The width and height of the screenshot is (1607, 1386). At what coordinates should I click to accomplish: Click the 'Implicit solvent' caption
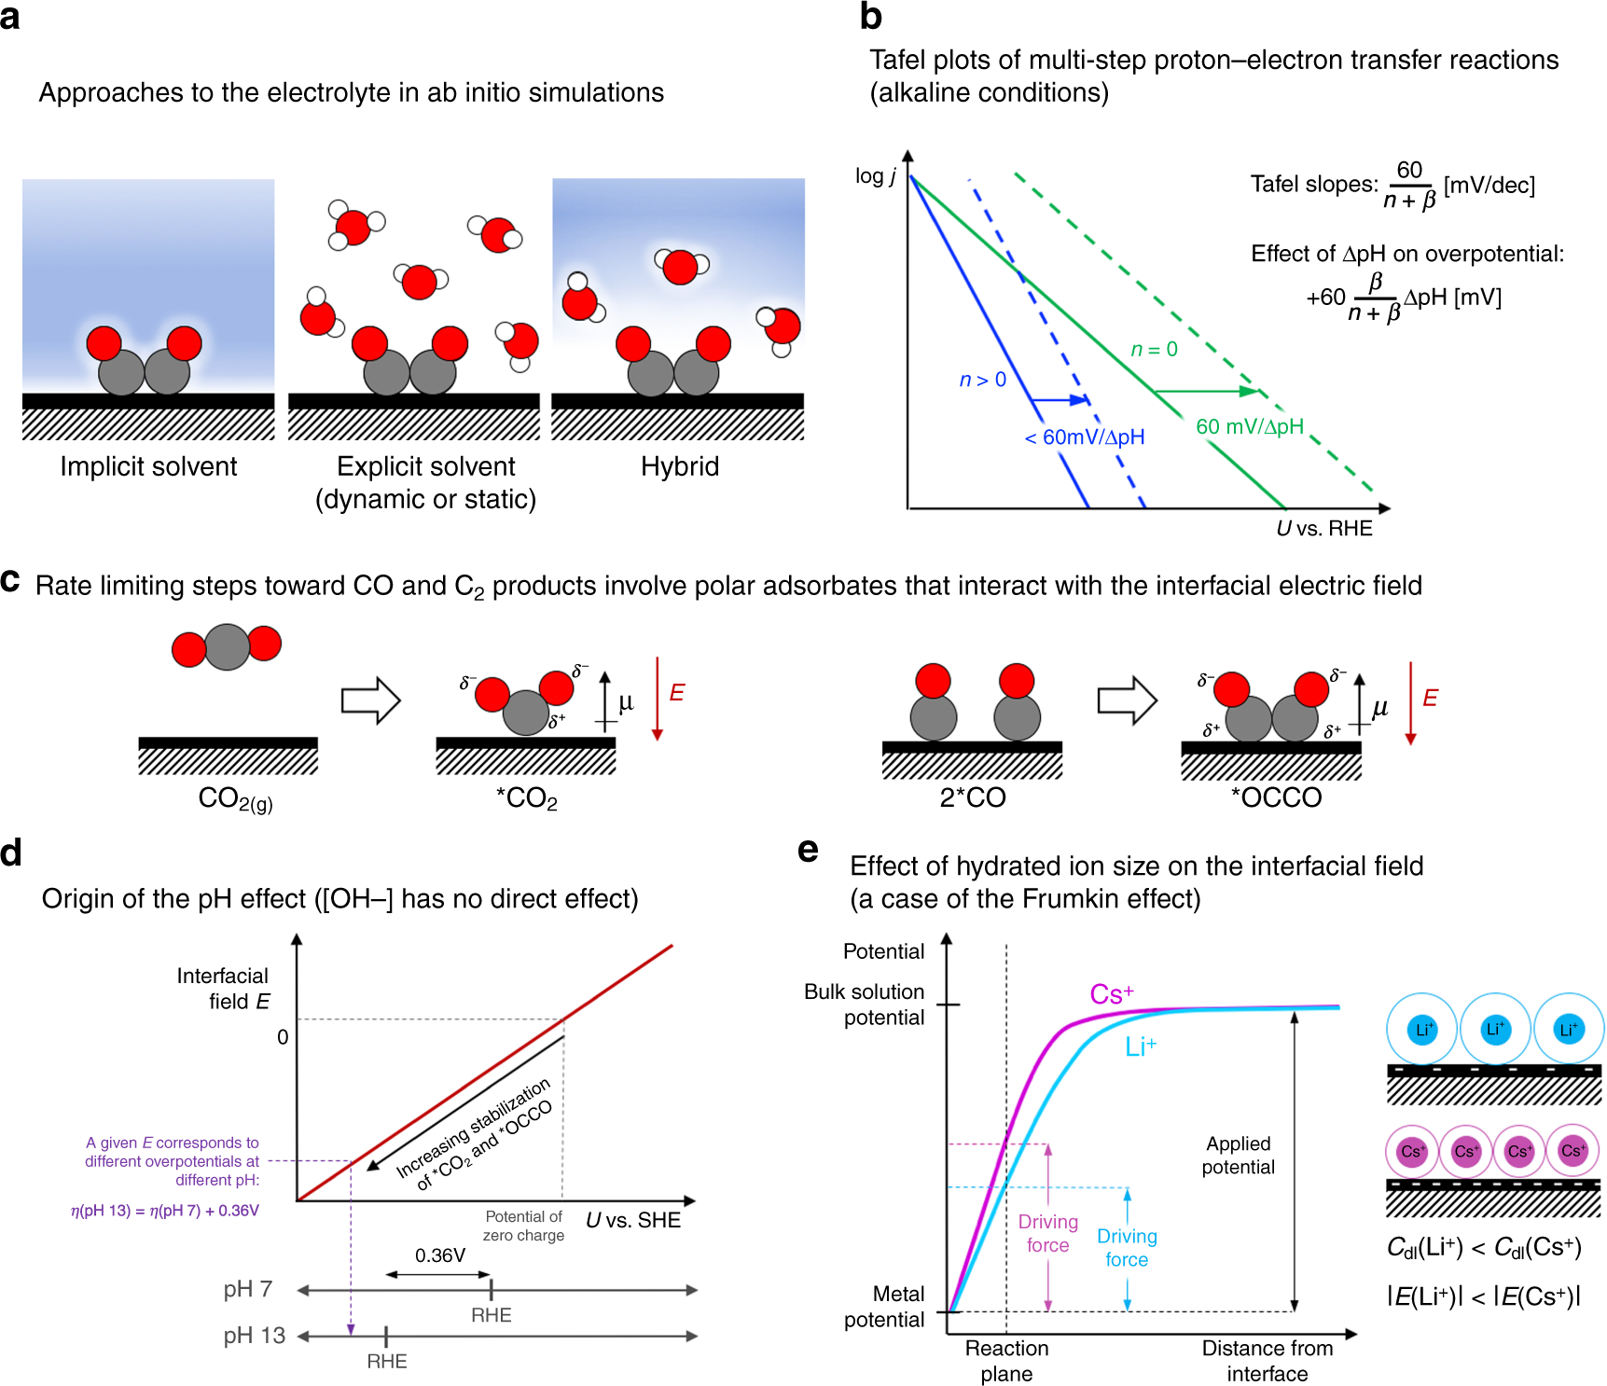pos(148,466)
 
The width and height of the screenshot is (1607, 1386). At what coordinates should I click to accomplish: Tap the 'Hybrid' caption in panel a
pos(679,466)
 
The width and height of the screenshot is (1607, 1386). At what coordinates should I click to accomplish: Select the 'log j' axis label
pos(875,176)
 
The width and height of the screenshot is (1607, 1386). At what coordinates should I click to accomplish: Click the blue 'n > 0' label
pos(982,380)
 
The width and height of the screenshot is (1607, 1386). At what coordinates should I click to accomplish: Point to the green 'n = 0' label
pos(1154,350)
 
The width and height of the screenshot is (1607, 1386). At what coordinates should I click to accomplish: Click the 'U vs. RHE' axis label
pos(1323,529)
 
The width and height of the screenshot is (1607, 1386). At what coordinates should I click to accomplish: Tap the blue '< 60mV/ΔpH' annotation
pos(1084,437)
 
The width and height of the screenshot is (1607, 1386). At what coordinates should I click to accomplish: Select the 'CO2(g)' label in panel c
pos(235,799)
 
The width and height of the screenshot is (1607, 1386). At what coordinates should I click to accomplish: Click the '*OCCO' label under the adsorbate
pos(1276,797)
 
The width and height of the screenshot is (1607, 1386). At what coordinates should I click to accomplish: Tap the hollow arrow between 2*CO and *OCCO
pos(1127,700)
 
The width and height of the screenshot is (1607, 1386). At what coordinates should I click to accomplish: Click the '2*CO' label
pos(972,797)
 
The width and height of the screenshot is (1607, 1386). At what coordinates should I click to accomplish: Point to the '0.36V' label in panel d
pos(439,1255)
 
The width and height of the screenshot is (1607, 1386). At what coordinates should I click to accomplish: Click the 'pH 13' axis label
pos(254,1336)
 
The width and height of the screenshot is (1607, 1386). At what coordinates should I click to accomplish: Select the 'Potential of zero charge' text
pos(523,1226)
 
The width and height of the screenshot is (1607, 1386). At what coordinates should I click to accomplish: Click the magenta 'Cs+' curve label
pos(1111,994)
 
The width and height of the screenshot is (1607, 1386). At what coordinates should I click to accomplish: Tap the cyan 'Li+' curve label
pos(1140,1046)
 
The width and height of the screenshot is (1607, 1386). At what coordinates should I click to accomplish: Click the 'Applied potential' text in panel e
pos(1238,1155)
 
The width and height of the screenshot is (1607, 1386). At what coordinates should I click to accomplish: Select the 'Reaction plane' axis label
pos(1006,1360)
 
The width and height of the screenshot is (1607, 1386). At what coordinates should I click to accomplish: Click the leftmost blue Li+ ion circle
pos(1422,1030)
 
